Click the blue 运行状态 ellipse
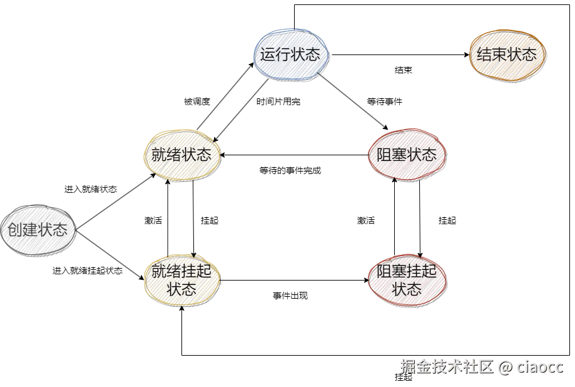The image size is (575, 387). pos(291,54)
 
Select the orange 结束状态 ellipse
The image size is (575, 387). pos(507,54)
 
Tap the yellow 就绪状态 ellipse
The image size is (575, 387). pos(182,155)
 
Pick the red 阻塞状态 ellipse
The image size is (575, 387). pos(407,155)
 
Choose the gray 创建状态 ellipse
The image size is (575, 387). pos(38,230)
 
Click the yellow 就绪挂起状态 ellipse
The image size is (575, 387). pos(182,279)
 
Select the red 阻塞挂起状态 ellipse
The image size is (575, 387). pos(407,279)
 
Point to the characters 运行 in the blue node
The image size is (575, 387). pos(276,54)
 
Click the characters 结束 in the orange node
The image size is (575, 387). pos(492,54)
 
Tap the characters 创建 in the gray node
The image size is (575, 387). pos(23,230)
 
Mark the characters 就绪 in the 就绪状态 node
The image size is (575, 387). pos(167,155)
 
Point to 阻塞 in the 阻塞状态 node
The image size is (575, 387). pos(392,155)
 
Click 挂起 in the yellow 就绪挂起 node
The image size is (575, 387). pos(197,271)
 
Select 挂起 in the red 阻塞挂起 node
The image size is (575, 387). pos(422,271)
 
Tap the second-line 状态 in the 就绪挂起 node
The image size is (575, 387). pos(182,290)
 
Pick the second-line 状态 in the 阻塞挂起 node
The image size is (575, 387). pos(407,289)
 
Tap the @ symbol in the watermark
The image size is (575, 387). pos(505,367)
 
